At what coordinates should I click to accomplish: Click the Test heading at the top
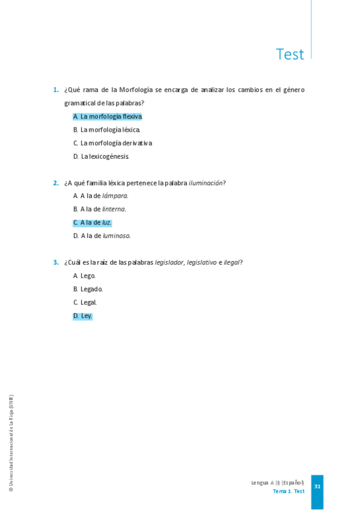(290, 54)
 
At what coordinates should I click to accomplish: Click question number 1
(55, 90)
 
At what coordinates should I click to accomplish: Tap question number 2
(55, 183)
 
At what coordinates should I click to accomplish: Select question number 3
(55, 262)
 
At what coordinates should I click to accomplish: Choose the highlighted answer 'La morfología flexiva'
(108, 116)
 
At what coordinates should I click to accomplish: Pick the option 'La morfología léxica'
(107, 130)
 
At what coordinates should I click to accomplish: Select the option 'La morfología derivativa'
(112, 143)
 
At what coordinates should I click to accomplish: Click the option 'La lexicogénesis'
(101, 156)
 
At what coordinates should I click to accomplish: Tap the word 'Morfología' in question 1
(136, 90)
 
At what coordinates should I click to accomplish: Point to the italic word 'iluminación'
(206, 183)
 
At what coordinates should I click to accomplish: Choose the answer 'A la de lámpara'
(101, 196)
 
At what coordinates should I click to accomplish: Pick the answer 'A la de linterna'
(100, 209)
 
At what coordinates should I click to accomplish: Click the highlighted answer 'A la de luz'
(93, 223)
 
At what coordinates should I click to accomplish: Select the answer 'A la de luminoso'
(102, 236)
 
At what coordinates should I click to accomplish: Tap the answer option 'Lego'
(85, 276)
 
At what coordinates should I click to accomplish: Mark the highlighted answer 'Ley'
(83, 316)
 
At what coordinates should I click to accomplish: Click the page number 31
(317, 487)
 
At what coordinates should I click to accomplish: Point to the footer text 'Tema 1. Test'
(288, 491)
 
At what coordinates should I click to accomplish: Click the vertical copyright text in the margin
(11, 443)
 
